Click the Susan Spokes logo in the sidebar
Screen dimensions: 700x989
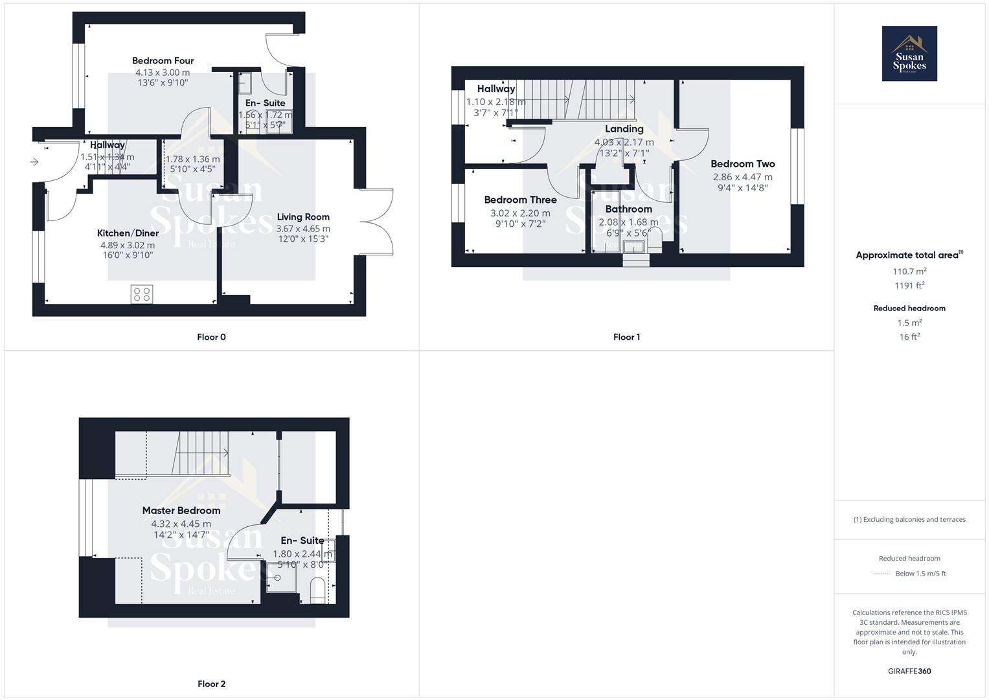click(x=909, y=53)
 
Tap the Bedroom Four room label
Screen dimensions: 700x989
click(x=163, y=60)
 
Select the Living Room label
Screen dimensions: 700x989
click(x=303, y=217)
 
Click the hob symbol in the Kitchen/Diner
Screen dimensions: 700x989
click(x=142, y=294)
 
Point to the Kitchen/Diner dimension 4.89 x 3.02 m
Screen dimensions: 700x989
click(x=128, y=245)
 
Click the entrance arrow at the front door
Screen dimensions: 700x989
click(x=34, y=162)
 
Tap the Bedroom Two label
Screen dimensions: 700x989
click(x=742, y=164)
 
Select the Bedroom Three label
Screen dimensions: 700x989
click(x=520, y=200)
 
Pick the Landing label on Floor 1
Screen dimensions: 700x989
click(x=624, y=129)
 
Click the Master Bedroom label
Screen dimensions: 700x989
click(x=181, y=511)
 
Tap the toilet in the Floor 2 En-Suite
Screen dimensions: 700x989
click(x=317, y=591)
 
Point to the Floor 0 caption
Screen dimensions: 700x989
click(x=211, y=337)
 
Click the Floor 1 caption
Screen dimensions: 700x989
click(x=626, y=337)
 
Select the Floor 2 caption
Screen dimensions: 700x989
click(x=211, y=684)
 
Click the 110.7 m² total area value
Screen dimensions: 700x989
click(x=909, y=272)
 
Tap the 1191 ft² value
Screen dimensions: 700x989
click(x=909, y=285)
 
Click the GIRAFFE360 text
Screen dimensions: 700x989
click(x=909, y=671)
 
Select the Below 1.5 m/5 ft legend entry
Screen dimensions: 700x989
click(x=920, y=574)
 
